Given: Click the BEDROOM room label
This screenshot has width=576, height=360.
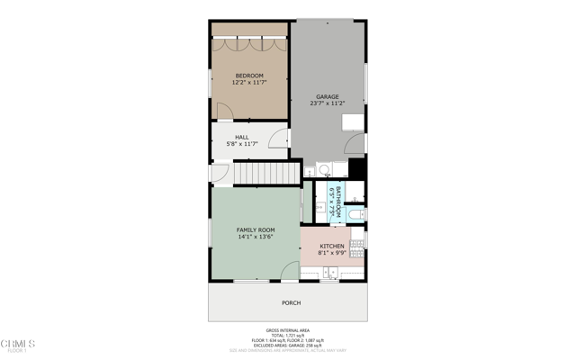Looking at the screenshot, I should [x=249, y=75].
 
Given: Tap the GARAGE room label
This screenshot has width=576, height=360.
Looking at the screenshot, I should [x=327, y=96].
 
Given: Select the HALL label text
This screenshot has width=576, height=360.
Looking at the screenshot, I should [x=242, y=138].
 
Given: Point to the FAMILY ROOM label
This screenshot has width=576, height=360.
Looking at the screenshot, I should [x=256, y=230].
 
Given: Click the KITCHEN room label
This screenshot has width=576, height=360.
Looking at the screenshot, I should [x=332, y=246].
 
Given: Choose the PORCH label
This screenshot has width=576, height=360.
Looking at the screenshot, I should [x=291, y=303].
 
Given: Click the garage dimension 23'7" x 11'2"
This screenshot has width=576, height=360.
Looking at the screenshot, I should [x=328, y=103].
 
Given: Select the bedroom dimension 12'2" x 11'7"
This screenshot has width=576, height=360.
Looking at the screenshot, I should [x=249, y=82].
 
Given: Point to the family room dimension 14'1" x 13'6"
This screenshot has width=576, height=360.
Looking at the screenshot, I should [x=256, y=238].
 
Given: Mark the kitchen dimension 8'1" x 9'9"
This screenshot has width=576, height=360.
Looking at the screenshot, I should [x=332, y=253].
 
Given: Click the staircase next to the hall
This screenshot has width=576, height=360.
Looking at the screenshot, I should [x=266, y=172].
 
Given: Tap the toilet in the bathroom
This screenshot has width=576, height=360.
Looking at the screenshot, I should [x=356, y=214].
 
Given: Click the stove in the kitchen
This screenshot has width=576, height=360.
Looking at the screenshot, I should [x=358, y=240].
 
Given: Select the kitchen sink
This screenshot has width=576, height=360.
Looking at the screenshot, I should [x=331, y=272].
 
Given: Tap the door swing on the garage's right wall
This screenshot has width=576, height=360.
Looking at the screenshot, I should [x=356, y=142].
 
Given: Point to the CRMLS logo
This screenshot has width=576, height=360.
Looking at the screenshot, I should [x=18, y=345].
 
